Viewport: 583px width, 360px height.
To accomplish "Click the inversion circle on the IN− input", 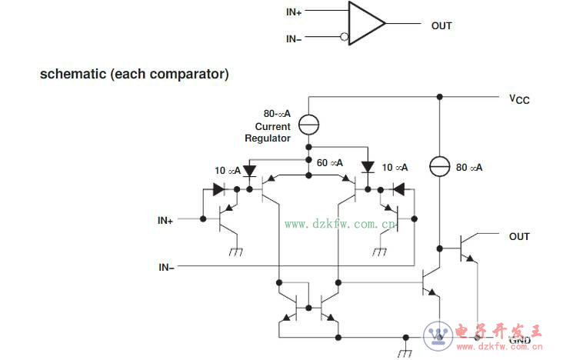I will (344, 37).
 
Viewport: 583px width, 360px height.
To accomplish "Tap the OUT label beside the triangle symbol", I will (441, 25).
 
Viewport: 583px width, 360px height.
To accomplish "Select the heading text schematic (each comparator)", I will (134, 75).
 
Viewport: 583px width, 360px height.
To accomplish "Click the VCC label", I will (519, 99).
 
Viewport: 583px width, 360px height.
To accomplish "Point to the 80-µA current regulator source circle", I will (308, 122).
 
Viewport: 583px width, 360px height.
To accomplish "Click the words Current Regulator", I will (268, 132).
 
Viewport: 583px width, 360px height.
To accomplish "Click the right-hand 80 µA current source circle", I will (439, 165).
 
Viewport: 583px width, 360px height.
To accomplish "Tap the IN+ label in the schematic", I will (165, 220).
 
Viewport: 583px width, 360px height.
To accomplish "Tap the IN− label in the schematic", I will (166, 267).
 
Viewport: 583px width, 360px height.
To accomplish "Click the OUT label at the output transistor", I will (519, 236).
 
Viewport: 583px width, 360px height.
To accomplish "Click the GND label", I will (519, 340).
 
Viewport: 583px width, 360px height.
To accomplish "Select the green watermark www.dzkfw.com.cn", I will (340, 225).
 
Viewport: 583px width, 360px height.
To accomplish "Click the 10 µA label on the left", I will (228, 170).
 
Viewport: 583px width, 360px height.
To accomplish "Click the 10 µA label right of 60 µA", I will (395, 167).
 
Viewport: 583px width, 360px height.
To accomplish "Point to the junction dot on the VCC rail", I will (439, 97).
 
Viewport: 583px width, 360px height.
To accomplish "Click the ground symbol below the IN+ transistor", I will (235, 251).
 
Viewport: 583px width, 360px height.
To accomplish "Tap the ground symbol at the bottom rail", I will (405, 353).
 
